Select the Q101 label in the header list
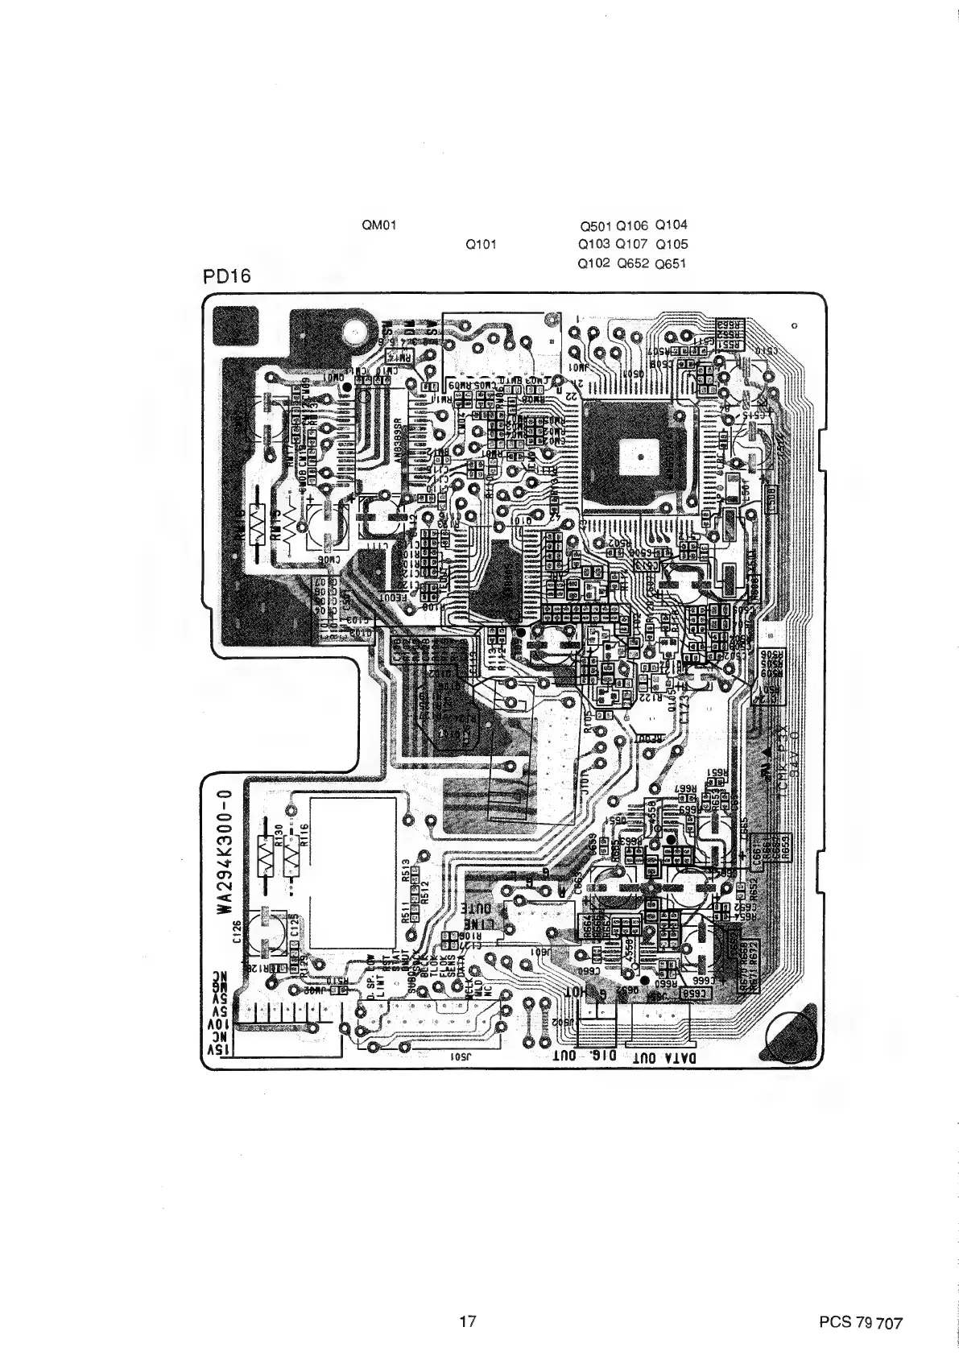click(x=481, y=245)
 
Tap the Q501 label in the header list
click(x=595, y=226)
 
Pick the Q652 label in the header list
click(x=632, y=263)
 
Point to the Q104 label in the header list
click(x=672, y=225)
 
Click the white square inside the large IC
click(x=639, y=458)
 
